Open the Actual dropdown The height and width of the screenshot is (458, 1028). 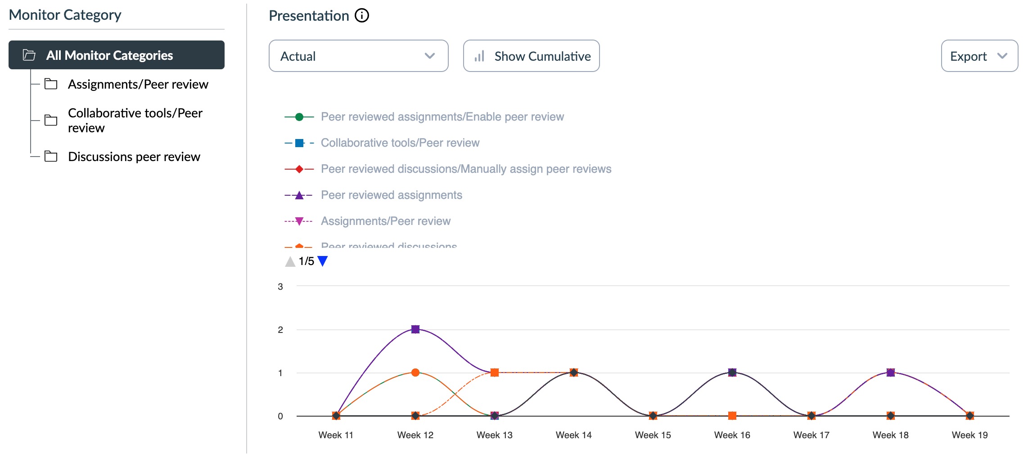click(x=358, y=56)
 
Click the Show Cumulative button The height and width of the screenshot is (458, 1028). click(x=531, y=56)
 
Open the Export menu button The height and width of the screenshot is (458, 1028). click(x=979, y=56)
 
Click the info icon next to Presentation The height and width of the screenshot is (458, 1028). click(x=362, y=16)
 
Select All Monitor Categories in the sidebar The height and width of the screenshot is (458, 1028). click(x=116, y=55)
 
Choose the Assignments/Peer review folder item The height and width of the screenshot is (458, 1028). click(x=138, y=84)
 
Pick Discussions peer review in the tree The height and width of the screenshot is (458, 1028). click(x=134, y=157)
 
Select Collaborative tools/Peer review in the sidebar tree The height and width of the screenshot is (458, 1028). click(x=135, y=120)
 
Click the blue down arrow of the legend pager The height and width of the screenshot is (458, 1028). click(x=323, y=261)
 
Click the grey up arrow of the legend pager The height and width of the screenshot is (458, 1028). click(x=290, y=261)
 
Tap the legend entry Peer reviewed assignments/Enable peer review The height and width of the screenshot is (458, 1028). click(x=442, y=117)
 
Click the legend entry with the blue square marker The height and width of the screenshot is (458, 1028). click(x=400, y=143)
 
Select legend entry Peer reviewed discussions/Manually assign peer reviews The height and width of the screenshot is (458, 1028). click(x=466, y=169)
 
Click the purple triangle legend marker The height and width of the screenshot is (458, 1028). click(x=299, y=195)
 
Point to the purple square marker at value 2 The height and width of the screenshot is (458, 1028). click(x=415, y=329)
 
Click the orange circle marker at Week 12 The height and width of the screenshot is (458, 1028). click(x=415, y=373)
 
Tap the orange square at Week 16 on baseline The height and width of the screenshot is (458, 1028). click(x=732, y=416)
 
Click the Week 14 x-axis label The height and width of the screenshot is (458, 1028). click(x=573, y=435)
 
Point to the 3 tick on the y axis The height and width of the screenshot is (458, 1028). click(x=280, y=287)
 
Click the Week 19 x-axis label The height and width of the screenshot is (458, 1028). click(x=969, y=435)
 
